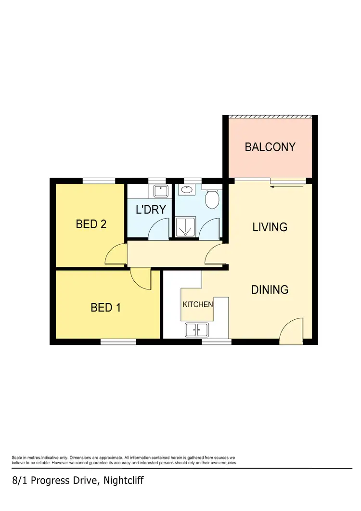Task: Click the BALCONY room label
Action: tap(270, 147)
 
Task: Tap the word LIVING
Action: tap(270, 226)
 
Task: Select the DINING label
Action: tap(270, 289)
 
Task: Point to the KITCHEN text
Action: tap(197, 305)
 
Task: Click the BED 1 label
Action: tap(105, 307)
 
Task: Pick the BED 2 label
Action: tap(91, 224)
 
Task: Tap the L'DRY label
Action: tap(150, 210)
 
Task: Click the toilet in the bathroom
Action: tap(212, 198)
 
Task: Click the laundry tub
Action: tap(160, 191)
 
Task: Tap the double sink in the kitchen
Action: tap(196, 330)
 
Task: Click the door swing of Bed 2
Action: tap(115, 255)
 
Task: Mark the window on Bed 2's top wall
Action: tap(99, 181)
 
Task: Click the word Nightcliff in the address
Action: tap(122, 481)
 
